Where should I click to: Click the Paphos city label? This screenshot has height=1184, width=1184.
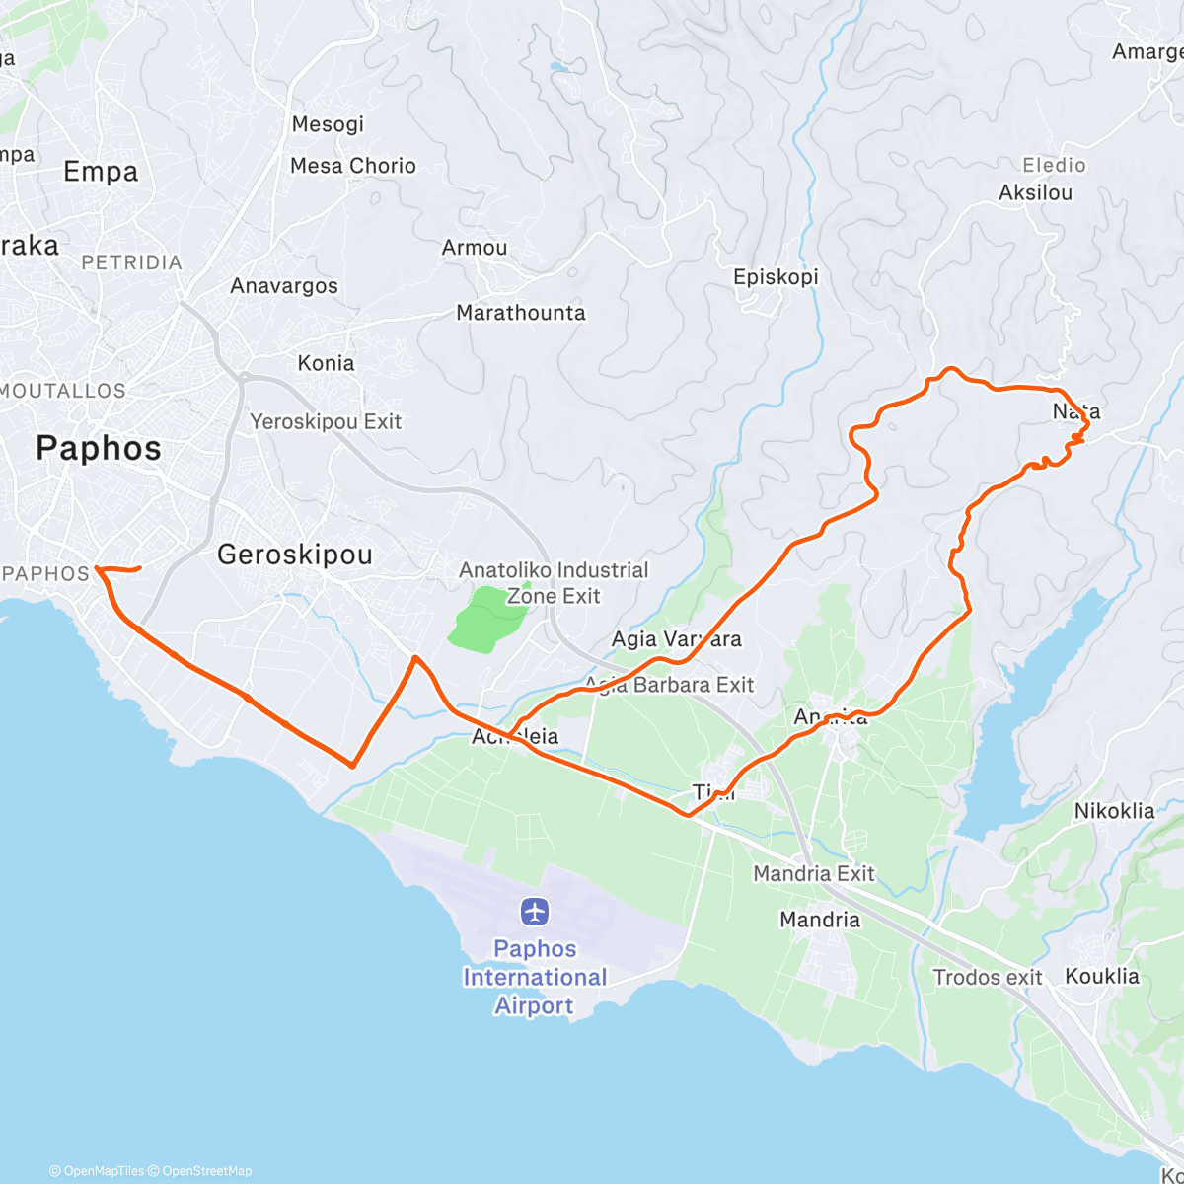pos(98,449)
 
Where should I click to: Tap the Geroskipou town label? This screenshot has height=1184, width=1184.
pos(294,555)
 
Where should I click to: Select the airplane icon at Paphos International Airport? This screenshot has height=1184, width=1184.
pos(535,911)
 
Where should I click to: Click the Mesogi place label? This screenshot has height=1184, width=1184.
pos(328,124)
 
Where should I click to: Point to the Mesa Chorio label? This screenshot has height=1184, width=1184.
pos(352,166)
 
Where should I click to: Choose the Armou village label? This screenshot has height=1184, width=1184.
pos(475,248)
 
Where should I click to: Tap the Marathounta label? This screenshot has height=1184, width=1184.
pos(520,313)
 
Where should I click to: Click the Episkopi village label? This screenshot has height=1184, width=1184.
pos(776,277)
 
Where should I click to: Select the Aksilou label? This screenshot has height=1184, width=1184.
pos(1035,192)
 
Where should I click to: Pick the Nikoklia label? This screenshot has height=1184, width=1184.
pos(1114,811)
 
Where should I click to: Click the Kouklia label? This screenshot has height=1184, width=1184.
pos(1101,977)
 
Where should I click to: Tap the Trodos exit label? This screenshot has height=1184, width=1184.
pos(987,978)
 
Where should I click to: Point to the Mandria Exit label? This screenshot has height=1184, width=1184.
pos(813,873)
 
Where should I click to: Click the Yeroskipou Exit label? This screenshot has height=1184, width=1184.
pos(326,422)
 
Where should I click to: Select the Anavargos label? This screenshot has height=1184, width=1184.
pos(284,286)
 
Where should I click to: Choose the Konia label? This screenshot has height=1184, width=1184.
pos(326,363)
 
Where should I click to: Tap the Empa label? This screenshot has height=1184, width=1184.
pos(101,172)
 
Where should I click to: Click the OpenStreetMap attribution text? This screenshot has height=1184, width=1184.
pos(207,1171)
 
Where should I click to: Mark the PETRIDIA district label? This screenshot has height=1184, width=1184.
pos(131,262)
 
